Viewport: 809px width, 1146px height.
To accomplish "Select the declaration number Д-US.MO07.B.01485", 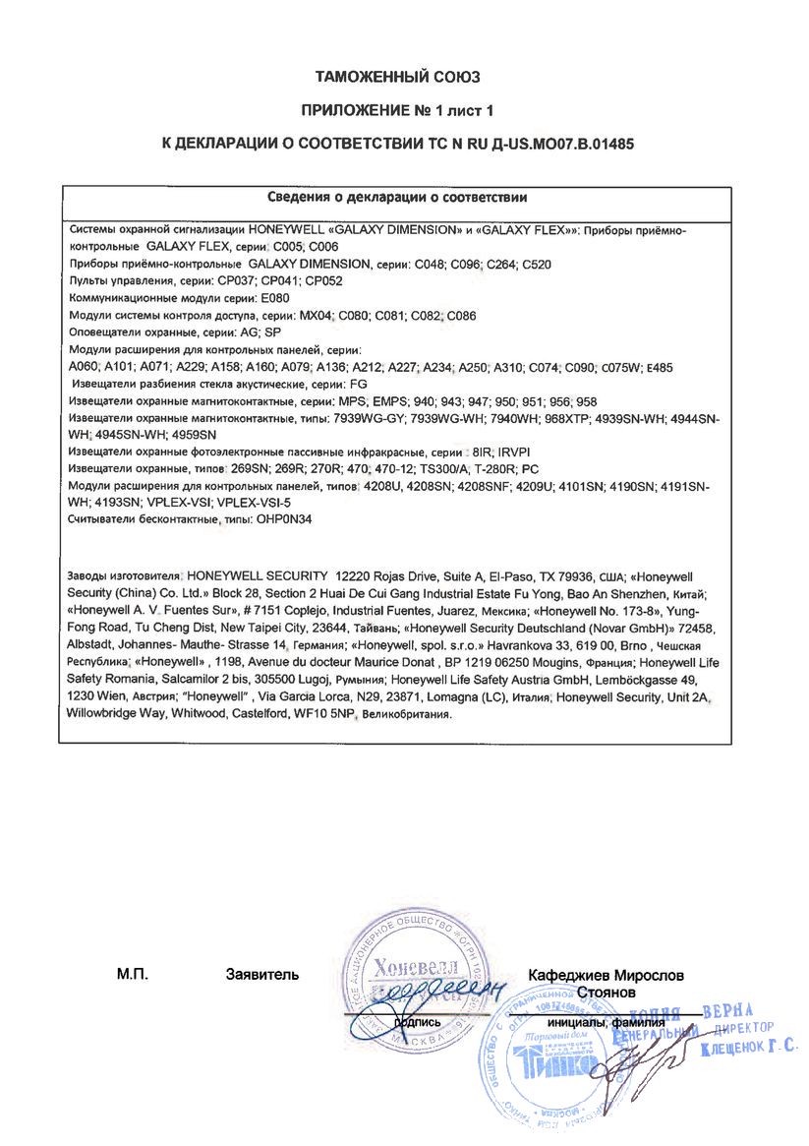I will tap(557, 143).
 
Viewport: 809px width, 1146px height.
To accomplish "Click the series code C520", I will tap(537, 265).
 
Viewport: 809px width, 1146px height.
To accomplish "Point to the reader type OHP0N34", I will tap(289, 517).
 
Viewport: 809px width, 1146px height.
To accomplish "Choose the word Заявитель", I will tap(261, 975).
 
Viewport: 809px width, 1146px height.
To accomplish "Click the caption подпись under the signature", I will tap(417, 1022).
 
